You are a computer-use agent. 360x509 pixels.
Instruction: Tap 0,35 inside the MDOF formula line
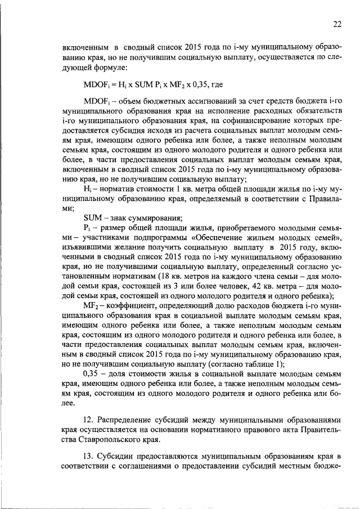(x=201, y=85)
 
